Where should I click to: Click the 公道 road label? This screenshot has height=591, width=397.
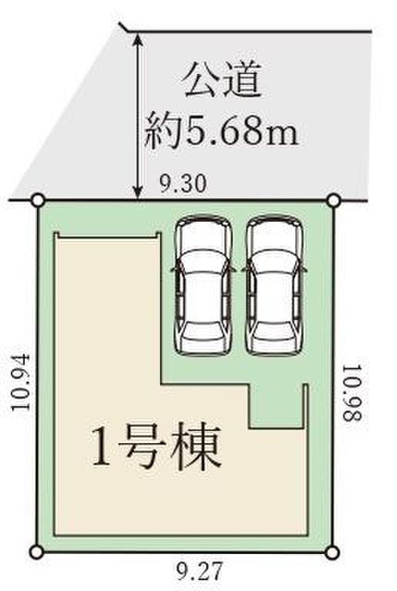pos(223,80)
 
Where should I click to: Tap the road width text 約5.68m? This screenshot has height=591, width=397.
pos(222,130)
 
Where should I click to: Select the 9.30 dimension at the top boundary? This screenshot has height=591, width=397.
pos(183,185)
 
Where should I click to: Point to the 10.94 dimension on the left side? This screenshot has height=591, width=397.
pos(20,382)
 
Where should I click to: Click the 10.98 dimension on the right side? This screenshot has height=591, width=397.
pos(352,392)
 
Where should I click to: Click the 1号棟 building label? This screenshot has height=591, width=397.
pos(155,447)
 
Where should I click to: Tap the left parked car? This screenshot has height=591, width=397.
pos(203,285)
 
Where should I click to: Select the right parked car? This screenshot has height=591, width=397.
pos(274,285)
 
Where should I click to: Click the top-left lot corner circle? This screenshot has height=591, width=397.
pos(38,201)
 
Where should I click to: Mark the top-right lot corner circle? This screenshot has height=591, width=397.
pos(333,201)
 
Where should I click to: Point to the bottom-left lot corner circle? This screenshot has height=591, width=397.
pos(37,552)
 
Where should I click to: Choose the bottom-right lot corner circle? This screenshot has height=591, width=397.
pos(331,553)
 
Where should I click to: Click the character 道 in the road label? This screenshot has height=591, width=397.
pos(243,80)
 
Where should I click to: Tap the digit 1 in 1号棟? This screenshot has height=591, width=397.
pos(101,449)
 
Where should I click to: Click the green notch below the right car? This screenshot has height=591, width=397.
pos(276,406)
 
